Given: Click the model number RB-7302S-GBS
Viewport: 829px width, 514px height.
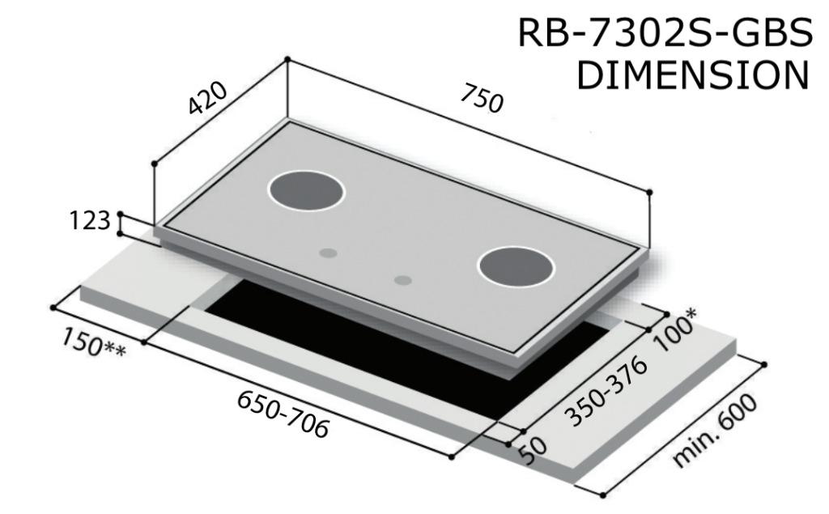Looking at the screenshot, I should [663, 35].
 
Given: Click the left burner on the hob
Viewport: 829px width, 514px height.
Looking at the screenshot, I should [306, 190].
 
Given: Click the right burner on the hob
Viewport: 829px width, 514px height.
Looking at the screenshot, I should [517, 266].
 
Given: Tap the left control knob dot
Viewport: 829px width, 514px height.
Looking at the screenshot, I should [327, 253].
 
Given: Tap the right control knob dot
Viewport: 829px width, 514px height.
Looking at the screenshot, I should [402, 280].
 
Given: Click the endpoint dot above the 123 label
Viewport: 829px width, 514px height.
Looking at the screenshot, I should [121, 214].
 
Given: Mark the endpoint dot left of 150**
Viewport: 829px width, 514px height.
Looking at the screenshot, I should [53, 308].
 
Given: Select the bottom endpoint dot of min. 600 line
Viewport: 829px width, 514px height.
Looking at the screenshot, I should [602, 495].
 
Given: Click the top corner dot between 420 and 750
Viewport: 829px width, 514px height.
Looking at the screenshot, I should [287, 59].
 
